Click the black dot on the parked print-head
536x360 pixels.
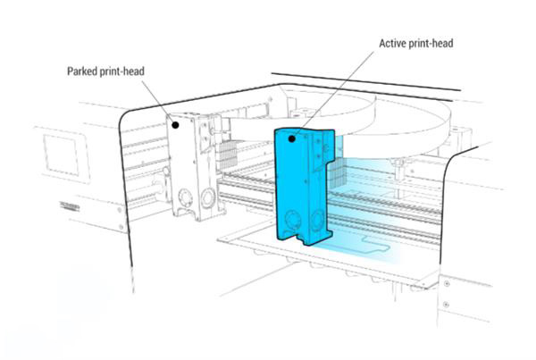[177, 125]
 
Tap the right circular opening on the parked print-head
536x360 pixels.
[209, 194]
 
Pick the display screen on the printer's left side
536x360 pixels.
[61, 151]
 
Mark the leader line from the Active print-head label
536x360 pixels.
[339, 89]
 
